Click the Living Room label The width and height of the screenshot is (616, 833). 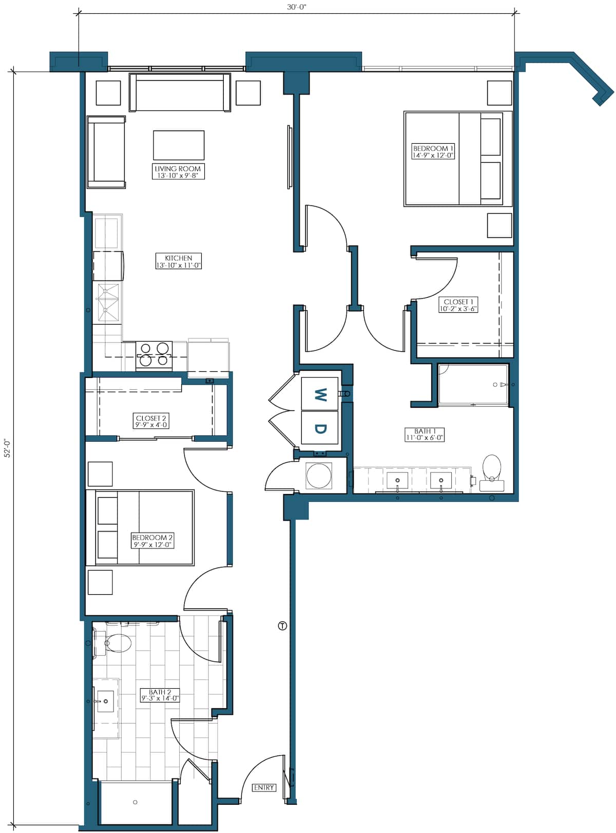178,172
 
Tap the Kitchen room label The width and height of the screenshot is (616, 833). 178,261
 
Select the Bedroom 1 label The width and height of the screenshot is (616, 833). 433,152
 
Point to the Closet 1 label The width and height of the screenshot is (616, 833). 458,305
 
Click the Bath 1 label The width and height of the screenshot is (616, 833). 425,434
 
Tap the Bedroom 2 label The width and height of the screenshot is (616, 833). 152,541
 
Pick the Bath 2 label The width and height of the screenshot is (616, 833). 160,695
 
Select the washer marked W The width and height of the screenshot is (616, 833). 320,394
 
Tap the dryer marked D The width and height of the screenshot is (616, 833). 320,428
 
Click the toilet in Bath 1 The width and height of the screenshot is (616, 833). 492,473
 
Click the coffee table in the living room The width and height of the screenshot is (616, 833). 179,145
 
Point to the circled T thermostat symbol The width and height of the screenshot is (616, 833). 282,626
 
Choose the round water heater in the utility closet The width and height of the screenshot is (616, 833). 319,476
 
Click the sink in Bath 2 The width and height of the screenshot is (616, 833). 105,701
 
